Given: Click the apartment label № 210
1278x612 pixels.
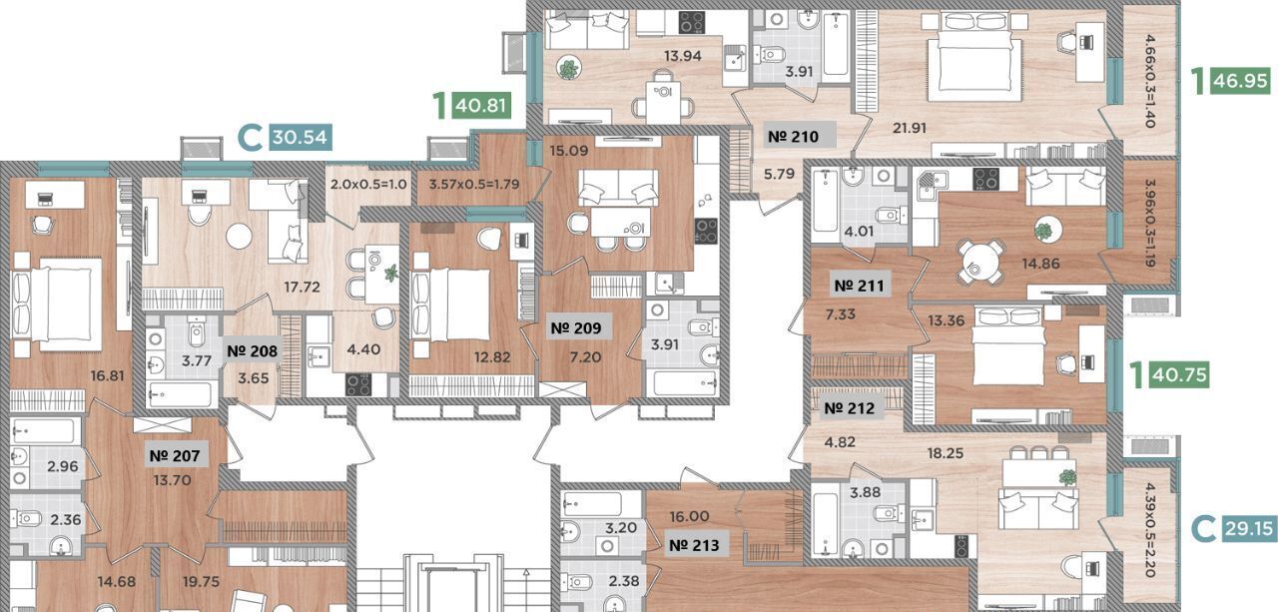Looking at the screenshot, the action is point(793,137).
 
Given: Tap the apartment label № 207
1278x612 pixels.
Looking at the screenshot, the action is point(175,455).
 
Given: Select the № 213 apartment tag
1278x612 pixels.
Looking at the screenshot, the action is point(694,545).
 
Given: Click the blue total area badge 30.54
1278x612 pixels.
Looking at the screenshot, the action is point(300,138).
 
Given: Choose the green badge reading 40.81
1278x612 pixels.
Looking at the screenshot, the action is point(481,106).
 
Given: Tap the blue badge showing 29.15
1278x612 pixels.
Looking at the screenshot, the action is point(1249,529).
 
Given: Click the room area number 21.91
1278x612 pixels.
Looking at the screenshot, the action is point(910,129).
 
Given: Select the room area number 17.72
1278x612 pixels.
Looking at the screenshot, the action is point(302,287).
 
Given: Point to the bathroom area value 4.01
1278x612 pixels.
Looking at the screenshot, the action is point(859,232).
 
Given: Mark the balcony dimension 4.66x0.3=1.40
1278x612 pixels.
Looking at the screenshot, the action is point(1150,81).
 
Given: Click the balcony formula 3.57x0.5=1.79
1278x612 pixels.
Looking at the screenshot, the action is point(474,185).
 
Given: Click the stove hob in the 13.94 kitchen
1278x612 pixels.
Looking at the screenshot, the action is point(692,23).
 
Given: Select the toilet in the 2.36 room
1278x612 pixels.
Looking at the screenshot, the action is point(26,518).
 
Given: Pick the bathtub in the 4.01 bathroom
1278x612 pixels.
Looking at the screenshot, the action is point(825,200).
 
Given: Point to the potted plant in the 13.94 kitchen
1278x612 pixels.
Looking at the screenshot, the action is point(568,69).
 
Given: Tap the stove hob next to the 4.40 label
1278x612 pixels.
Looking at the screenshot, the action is point(358,385).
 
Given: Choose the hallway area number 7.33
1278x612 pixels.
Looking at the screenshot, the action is point(841,314).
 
